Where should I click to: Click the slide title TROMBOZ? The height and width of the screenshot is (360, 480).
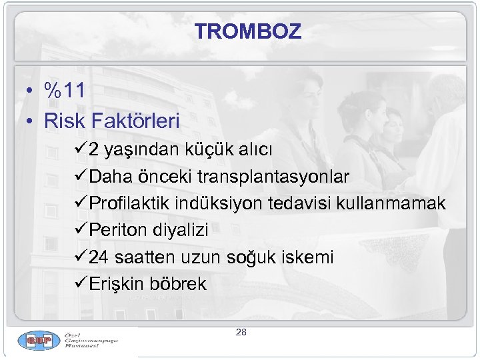(248, 31)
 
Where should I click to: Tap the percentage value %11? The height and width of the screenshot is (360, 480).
(64, 91)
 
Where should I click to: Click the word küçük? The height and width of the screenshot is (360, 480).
(201, 150)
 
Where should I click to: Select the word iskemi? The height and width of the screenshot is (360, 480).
(310, 257)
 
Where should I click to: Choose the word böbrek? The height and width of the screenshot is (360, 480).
(181, 284)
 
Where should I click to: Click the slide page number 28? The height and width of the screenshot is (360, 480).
(241, 331)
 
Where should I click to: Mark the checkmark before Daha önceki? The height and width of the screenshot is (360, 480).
(81, 177)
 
